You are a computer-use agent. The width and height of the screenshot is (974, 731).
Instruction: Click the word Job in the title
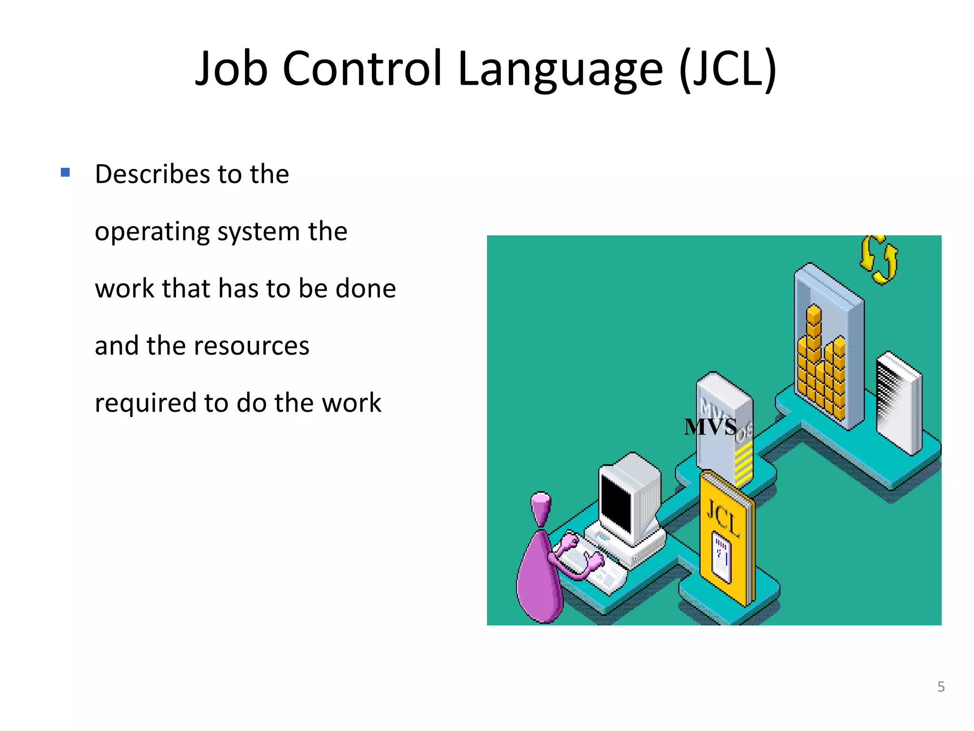coord(232,69)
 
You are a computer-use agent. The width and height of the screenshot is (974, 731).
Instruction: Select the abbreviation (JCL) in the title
coord(728,69)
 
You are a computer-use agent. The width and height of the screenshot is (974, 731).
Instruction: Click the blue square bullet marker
coord(66,172)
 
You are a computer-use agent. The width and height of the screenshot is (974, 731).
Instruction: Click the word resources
coord(251,346)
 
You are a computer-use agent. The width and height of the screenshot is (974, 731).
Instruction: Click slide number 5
coord(941,686)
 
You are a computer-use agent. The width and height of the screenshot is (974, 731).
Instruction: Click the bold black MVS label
coord(710,426)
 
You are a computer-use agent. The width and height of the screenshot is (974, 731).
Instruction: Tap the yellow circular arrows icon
coord(878,260)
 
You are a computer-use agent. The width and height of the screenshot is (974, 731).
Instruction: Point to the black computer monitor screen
coord(616,504)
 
